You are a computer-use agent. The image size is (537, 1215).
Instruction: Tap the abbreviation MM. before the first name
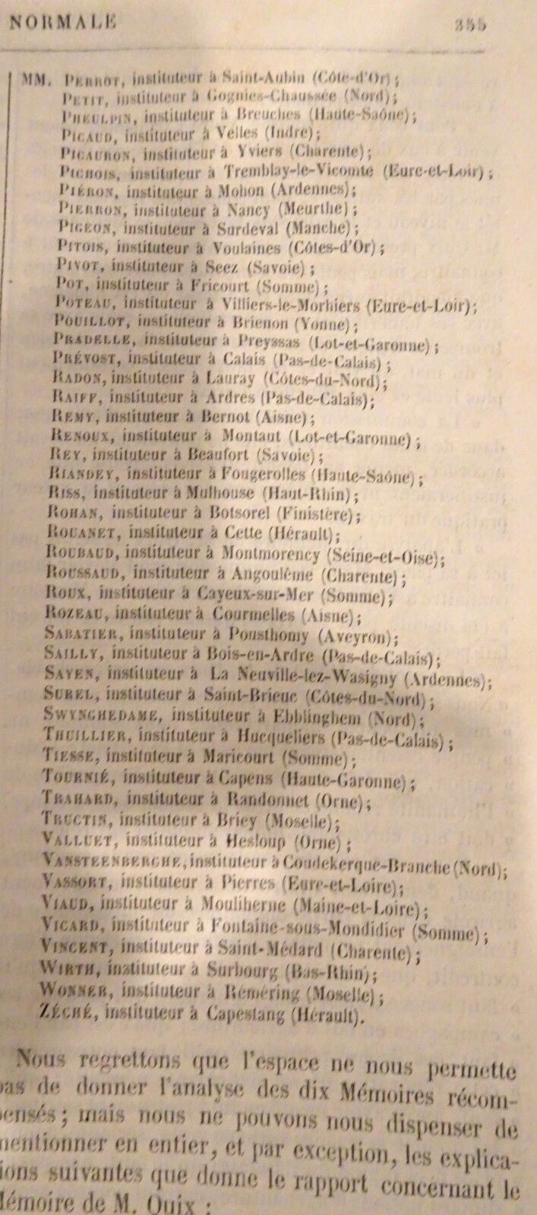(36, 78)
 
